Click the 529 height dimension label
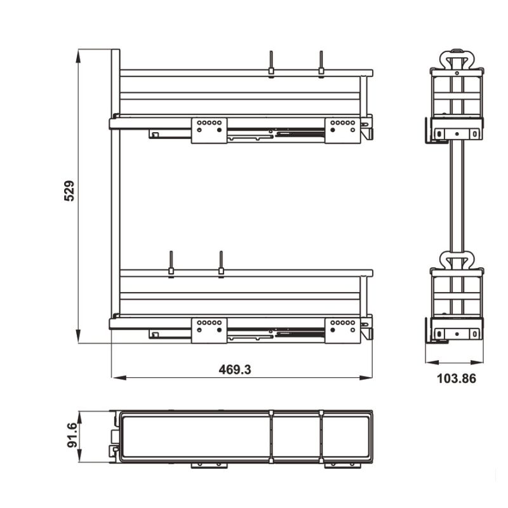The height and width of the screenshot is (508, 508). pyautogui.click(x=70, y=190)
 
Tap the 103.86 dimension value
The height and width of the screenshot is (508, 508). pyautogui.click(x=457, y=379)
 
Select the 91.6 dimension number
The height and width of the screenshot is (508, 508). pyautogui.click(x=72, y=436)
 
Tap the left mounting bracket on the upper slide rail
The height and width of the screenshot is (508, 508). pyautogui.click(x=209, y=130)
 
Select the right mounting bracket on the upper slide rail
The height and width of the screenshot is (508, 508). pyautogui.click(x=342, y=130)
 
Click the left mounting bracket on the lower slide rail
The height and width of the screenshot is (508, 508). pyautogui.click(x=209, y=330)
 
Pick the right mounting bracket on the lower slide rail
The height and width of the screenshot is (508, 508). pyautogui.click(x=342, y=330)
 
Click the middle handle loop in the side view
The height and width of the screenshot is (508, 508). pyautogui.click(x=457, y=259)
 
